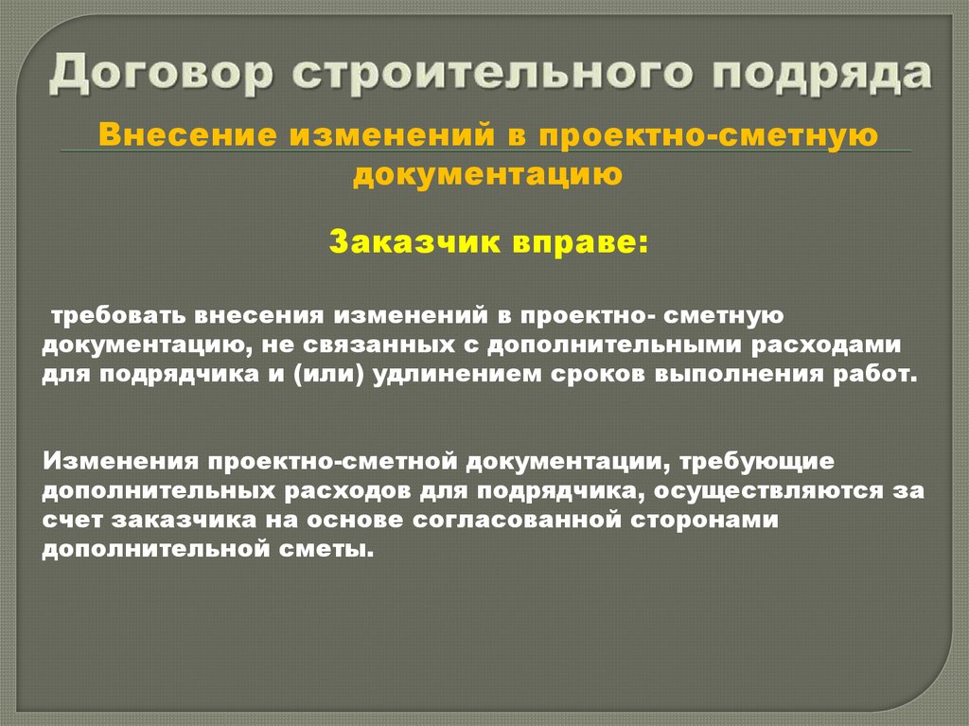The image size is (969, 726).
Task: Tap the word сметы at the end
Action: coord(327,550)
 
